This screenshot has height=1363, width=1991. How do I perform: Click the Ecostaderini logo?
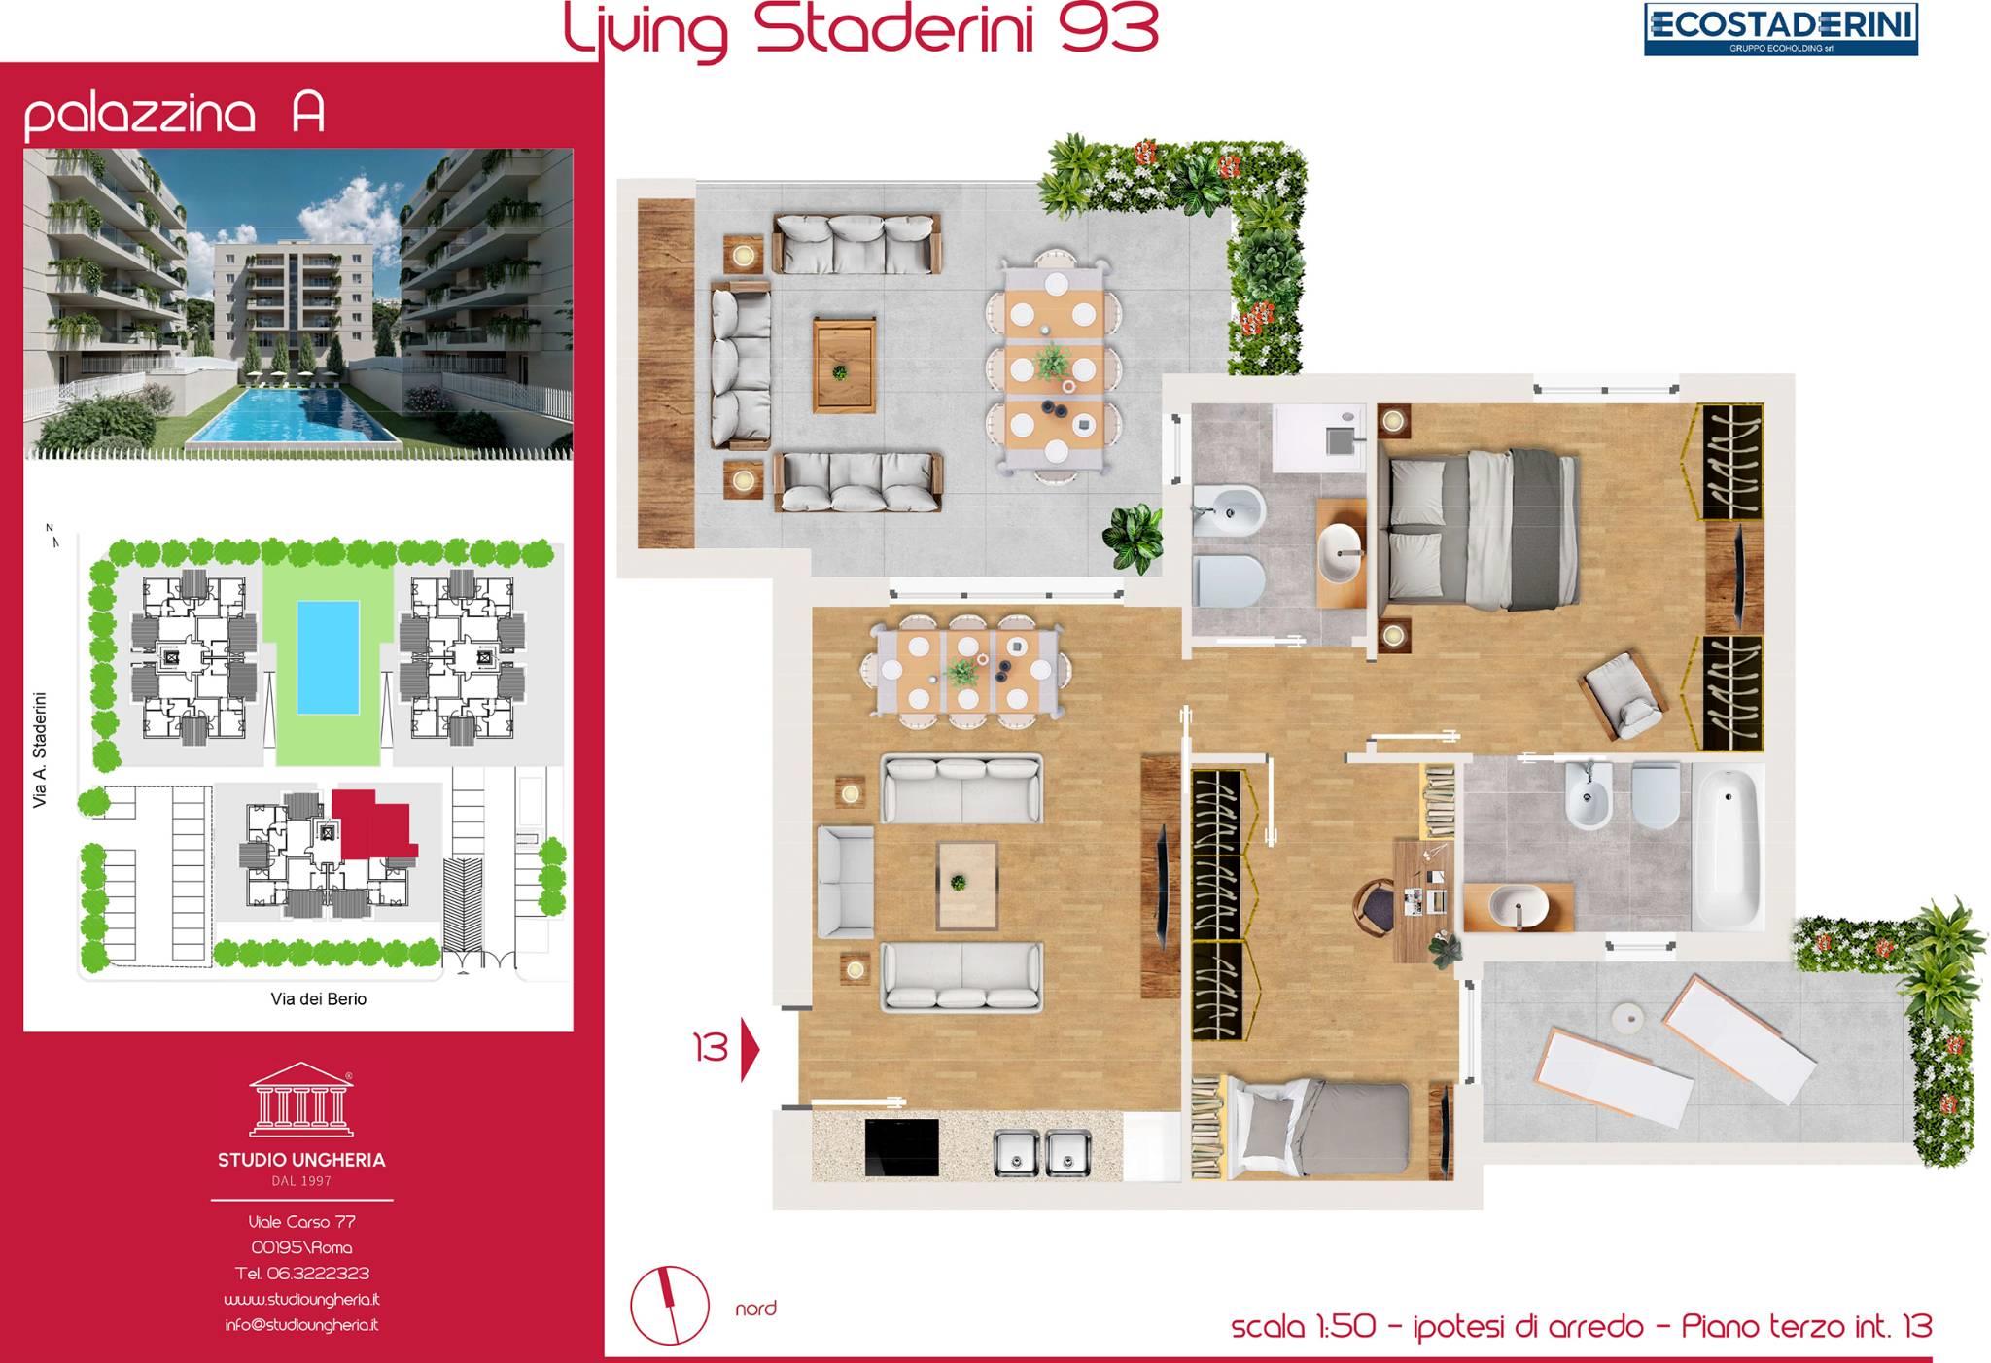pos(1780,29)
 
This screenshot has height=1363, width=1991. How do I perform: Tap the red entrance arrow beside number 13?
pos(750,1048)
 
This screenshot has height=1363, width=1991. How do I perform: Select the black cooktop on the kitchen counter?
pos(902,1147)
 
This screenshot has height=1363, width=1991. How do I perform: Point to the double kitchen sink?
pos(1042,1151)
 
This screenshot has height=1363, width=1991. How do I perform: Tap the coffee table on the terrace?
pos(845,350)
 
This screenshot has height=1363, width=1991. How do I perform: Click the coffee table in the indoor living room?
pos(967,885)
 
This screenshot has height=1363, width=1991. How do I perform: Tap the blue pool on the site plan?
pos(327,656)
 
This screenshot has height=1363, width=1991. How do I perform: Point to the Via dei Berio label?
pos(319,998)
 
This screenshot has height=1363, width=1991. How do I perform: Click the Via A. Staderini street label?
pos(40,750)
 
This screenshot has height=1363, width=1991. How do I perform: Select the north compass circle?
pos(670,1307)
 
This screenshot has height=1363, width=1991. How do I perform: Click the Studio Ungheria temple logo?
pos(301,1100)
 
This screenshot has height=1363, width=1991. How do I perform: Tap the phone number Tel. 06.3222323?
pos(302,1273)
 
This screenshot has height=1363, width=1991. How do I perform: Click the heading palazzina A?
pos(174,114)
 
